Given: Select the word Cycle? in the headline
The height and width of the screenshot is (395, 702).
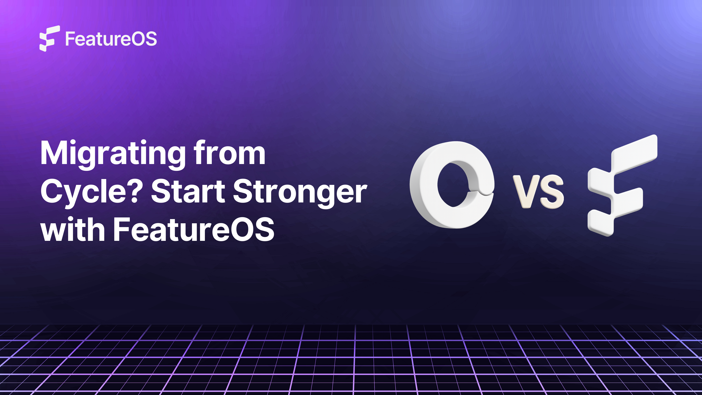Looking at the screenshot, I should click(x=90, y=192).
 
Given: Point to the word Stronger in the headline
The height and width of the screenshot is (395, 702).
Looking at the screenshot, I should click(x=300, y=192).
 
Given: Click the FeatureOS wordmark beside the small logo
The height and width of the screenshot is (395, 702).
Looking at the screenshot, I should click(x=111, y=39).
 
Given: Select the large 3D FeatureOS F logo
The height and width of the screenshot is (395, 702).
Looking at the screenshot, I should click(x=619, y=188).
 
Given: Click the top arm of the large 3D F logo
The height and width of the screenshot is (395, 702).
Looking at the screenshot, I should click(x=635, y=153).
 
